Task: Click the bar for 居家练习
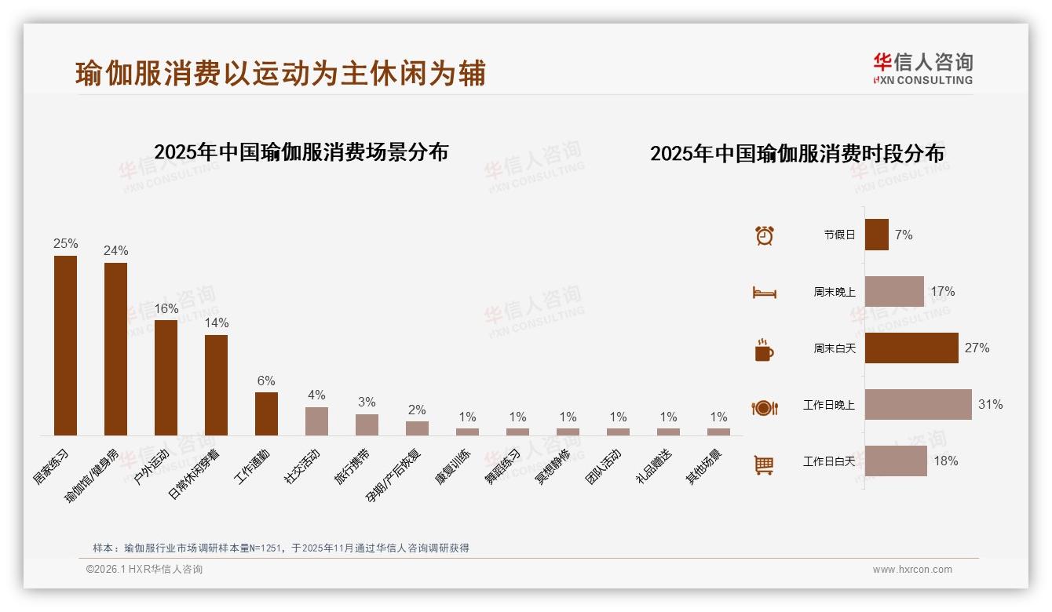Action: point(65,345)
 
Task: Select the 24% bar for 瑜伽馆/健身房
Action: point(115,348)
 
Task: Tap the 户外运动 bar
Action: point(166,377)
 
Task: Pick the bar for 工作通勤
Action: point(266,413)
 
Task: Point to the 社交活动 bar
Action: point(316,421)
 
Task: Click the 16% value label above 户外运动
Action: point(166,309)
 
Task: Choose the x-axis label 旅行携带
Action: point(353,466)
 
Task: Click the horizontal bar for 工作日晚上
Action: point(918,404)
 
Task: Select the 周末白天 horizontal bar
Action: point(911,348)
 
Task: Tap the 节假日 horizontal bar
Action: point(876,235)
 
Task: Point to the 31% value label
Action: point(990,405)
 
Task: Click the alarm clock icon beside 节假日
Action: point(764,235)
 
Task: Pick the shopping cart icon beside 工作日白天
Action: point(763,464)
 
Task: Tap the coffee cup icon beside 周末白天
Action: point(763,350)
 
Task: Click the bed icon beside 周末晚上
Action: point(764,293)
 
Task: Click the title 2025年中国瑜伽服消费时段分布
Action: point(797,153)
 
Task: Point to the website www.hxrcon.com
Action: point(912,570)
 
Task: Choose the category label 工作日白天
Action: point(828,461)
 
